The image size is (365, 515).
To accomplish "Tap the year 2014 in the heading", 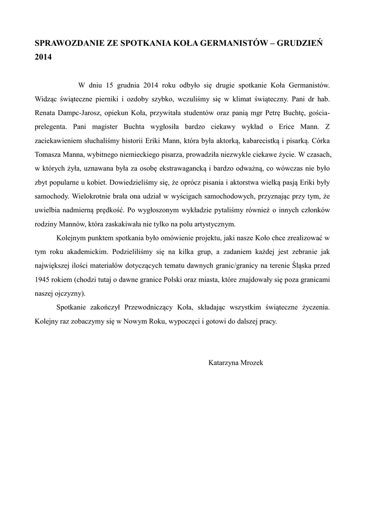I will (43, 57).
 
